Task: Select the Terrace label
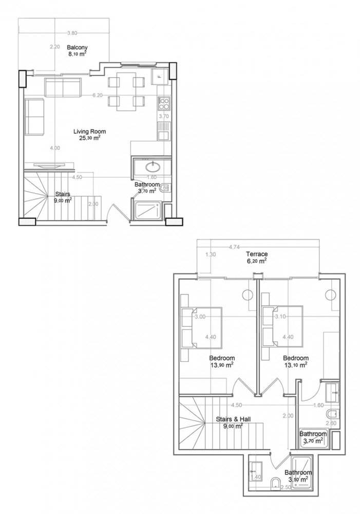point(255,254)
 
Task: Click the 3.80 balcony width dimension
point(72,33)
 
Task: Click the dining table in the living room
point(125,90)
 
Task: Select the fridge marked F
point(160,78)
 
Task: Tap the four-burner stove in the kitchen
point(164,104)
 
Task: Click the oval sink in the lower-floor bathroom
point(153,167)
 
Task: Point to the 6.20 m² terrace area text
point(255,261)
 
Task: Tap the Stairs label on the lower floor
point(63,194)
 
